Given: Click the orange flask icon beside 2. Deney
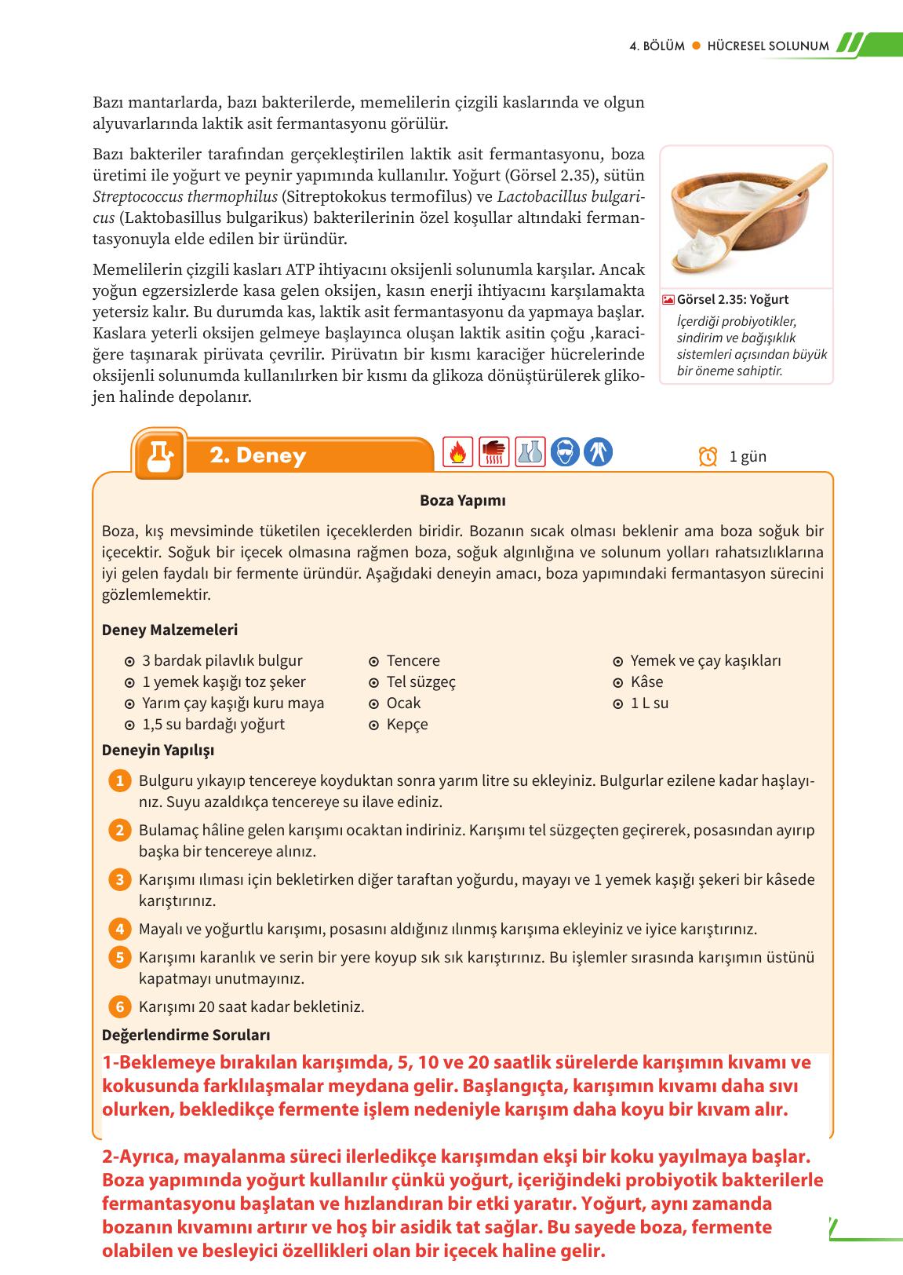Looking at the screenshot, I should coord(160,454).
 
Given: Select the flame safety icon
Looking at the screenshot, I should coord(457,452).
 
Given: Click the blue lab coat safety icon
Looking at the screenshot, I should coord(599,452).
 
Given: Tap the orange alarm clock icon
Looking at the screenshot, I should coord(708,456).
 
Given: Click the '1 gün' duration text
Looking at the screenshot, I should coord(748,456).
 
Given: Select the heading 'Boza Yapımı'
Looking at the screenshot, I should coord(463,501).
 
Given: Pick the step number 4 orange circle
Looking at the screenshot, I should coord(119,930).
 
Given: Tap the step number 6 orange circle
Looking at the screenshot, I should coord(119,1006).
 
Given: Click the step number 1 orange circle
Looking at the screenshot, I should coord(119,781).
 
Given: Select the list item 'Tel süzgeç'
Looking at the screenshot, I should coord(421,682).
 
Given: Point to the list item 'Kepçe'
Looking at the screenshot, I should coord(407,725).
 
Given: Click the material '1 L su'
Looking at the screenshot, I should coord(650,703).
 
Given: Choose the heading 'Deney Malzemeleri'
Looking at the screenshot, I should coord(169,630).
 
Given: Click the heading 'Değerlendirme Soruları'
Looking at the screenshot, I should coord(186,1036).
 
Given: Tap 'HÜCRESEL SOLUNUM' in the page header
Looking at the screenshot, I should coord(767,46).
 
